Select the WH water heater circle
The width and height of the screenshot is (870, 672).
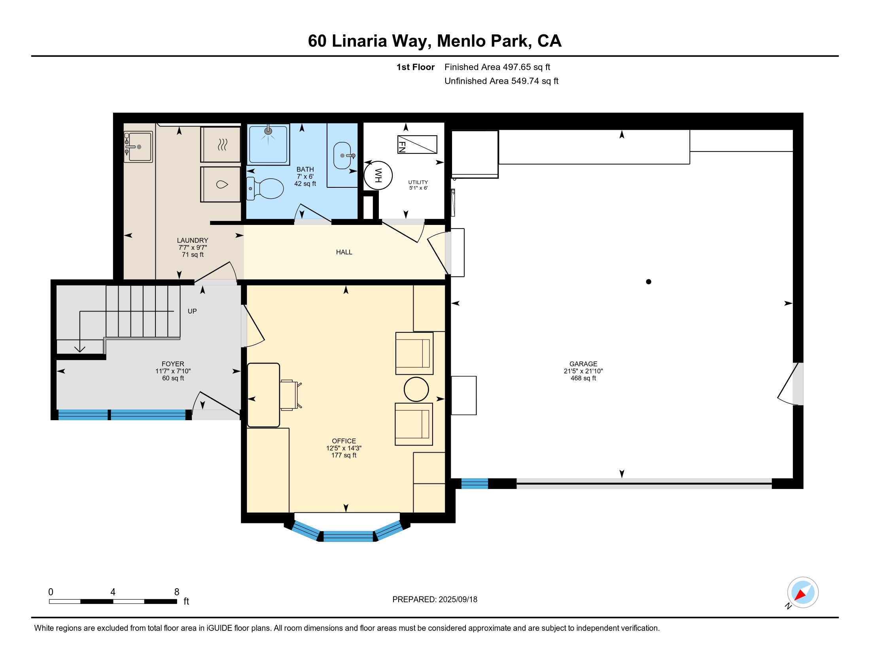click(x=378, y=175)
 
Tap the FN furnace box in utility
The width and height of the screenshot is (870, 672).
click(x=417, y=145)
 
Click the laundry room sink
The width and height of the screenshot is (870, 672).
click(x=138, y=147)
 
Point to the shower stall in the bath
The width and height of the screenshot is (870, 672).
click(x=268, y=144)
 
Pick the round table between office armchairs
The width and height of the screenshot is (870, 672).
click(x=416, y=389)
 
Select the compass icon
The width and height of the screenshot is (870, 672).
click(x=803, y=593)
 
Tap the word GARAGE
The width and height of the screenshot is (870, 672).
click(x=583, y=364)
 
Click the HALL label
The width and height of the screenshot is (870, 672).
click(x=344, y=252)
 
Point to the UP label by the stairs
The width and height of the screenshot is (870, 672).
click(x=192, y=311)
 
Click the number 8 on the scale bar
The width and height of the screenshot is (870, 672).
click(x=177, y=592)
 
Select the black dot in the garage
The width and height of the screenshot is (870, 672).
click(x=649, y=282)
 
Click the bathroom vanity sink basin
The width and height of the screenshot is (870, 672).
click(x=342, y=156)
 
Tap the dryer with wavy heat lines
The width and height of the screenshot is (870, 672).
click(x=220, y=145)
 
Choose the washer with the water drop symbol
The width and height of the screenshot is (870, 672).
click(x=220, y=184)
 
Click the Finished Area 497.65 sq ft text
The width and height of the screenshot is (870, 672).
click(x=497, y=67)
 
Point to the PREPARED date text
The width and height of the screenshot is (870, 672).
click(x=435, y=600)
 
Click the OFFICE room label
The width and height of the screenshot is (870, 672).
click(x=344, y=441)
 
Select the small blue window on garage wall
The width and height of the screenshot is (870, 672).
click(x=475, y=484)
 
